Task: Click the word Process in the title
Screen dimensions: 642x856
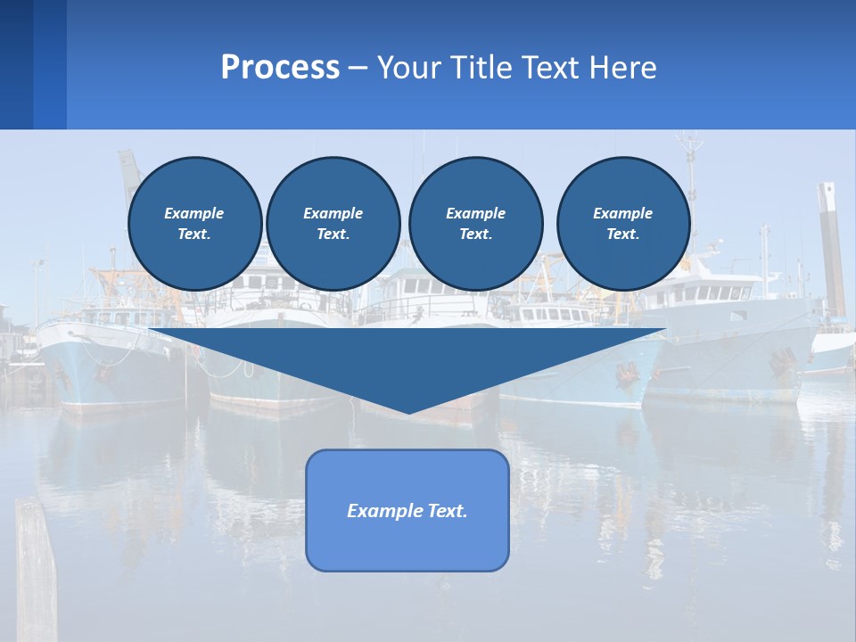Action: click(x=280, y=68)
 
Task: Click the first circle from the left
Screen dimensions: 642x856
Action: click(x=195, y=224)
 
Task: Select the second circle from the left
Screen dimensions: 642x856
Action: click(x=333, y=224)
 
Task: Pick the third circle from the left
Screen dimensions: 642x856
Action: click(x=475, y=224)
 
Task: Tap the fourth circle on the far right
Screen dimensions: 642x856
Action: click(x=623, y=224)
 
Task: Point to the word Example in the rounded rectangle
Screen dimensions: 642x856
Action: click(x=383, y=511)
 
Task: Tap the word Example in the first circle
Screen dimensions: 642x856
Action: click(x=194, y=213)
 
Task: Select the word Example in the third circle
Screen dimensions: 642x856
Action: click(x=475, y=213)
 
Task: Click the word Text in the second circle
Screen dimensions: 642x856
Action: click(x=332, y=235)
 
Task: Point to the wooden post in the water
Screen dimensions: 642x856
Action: click(x=36, y=571)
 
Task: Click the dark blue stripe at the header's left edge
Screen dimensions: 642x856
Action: click(x=16, y=64)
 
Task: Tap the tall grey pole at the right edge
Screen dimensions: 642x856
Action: click(x=831, y=250)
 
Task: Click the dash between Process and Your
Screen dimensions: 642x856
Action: click(x=358, y=68)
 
